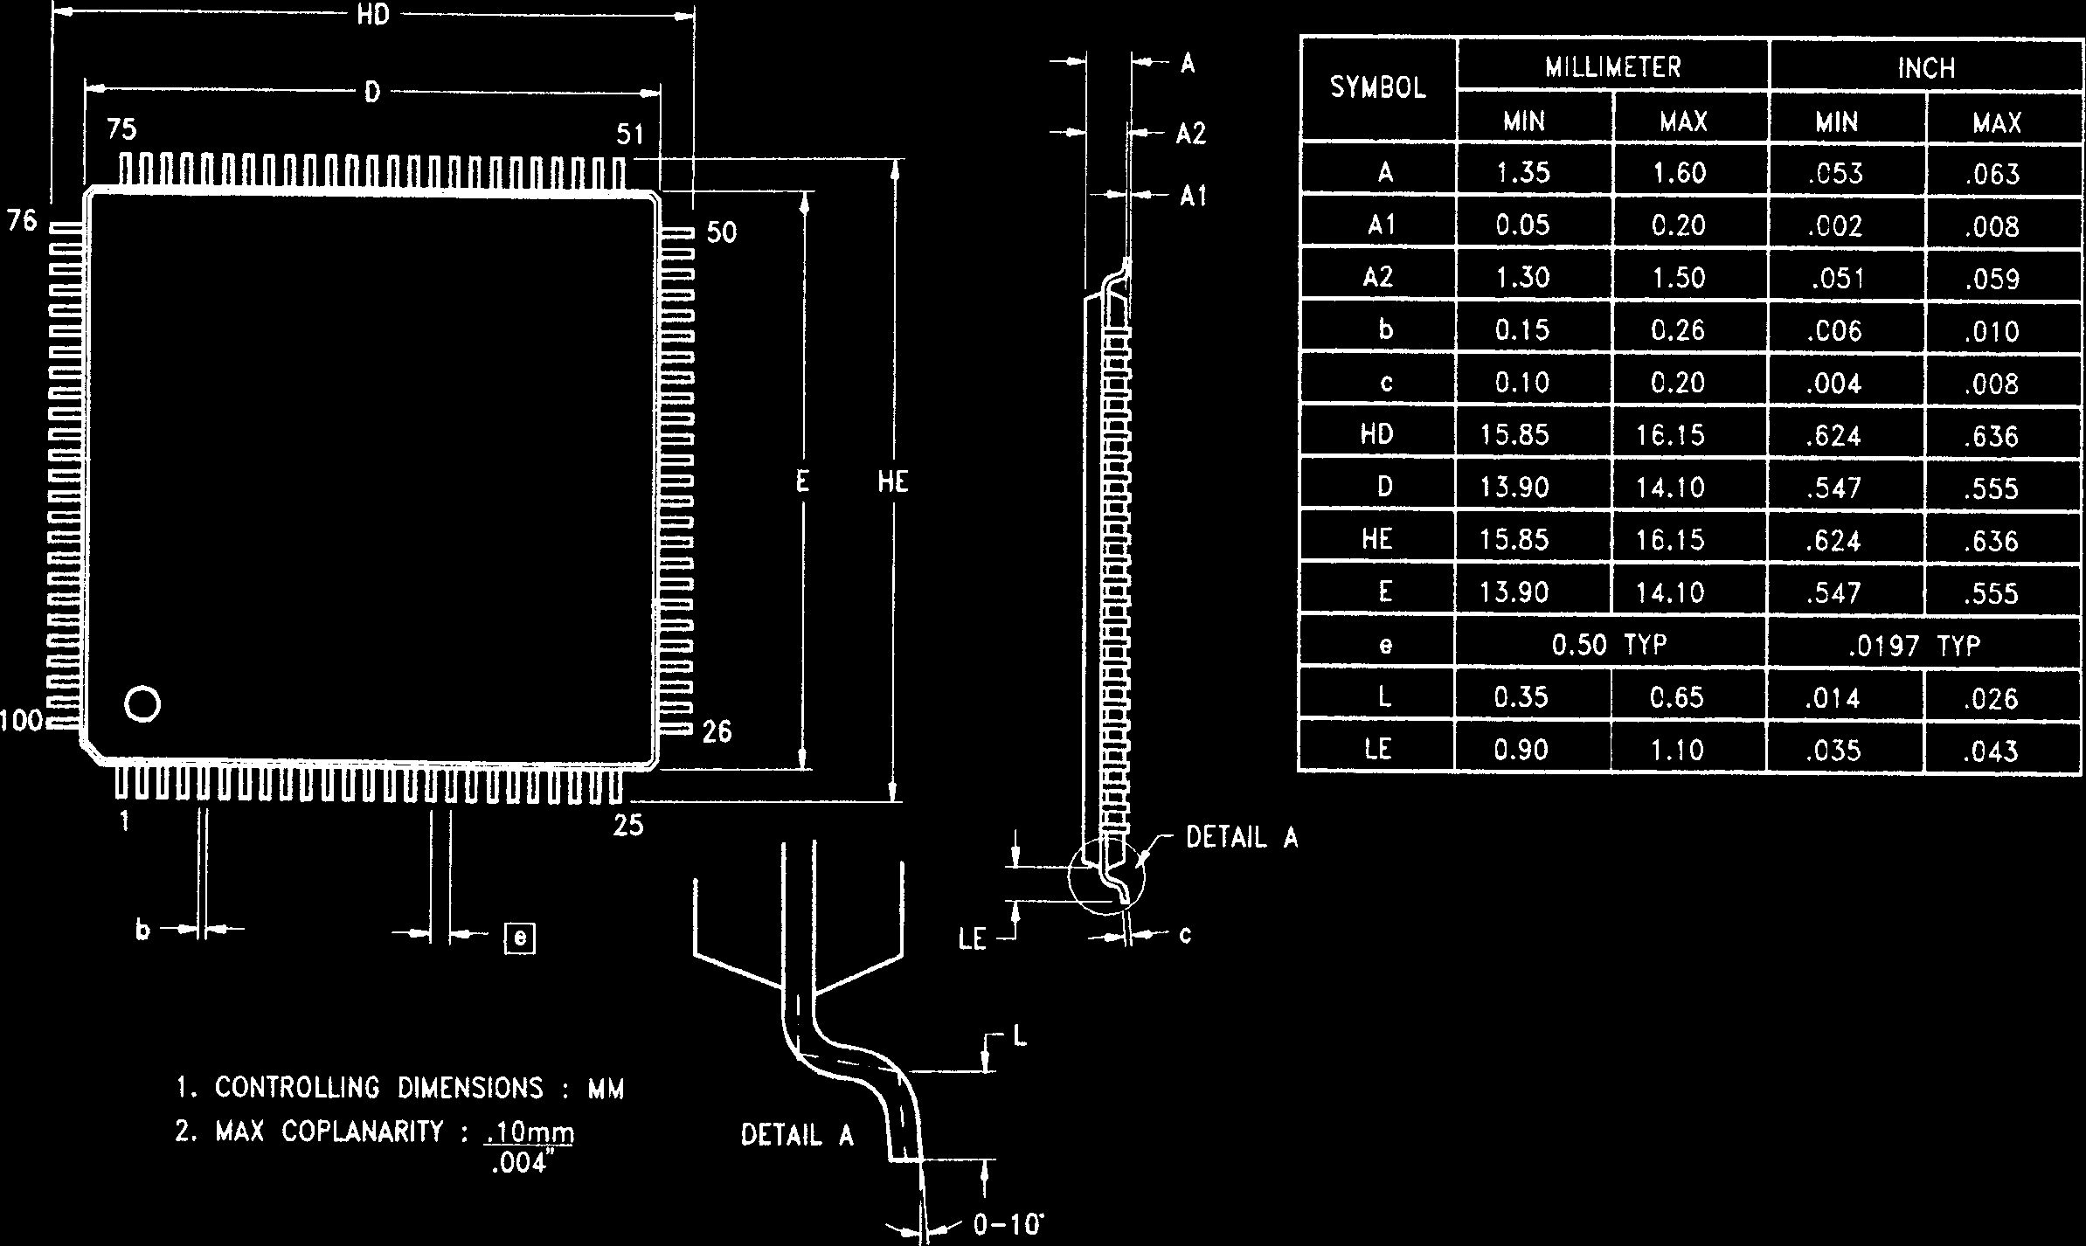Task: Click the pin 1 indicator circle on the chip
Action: pyautogui.click(x=142, y=704)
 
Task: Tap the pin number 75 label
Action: pyautogui.click(x=122, y=130)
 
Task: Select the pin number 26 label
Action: pyautogui.click(x=717, y=731)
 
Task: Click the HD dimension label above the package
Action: pyautogui.click(x=373, y=16)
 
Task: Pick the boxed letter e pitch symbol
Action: pyautogui.click(x=521, y=938)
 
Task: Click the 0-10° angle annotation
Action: pyautogui.click(x=1008, y=1225)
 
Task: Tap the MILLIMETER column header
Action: pyautogui.click(x=1612, y=67)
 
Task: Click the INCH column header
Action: pyautogui.click(x=1926, y=68)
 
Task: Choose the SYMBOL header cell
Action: pyautogui.click(x=1377, y=88)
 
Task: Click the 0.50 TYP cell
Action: pyautogui.click(x=1610, y=645)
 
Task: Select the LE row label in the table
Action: pyautogui.click(x=1377, y=749)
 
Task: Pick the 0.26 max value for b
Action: pyautogui.click(x=1679, y=329)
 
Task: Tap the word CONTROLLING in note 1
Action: pyautogui.click(x=297, y=1088)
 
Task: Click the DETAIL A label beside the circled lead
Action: pyautogui.click(x=1241, y=838)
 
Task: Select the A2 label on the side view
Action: pyautogui.click(x=1190, y=134)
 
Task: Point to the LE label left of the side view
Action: pyautogui.click(x=973, y=940)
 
